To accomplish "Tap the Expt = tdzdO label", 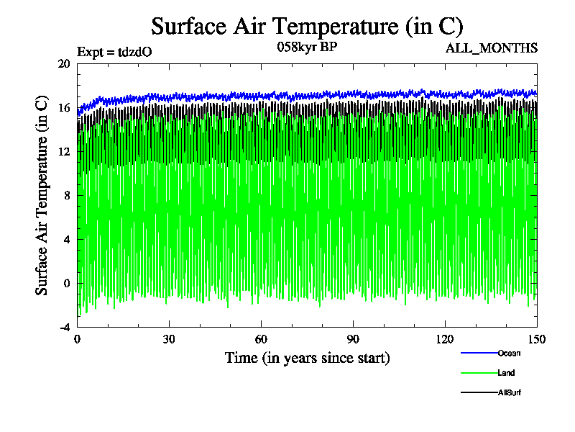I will [114, 51].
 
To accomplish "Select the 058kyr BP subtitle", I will [307, 47].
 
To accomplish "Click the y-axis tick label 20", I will [63, 63].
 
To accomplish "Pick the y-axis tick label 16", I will [63, 107].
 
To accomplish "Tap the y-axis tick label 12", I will [63, 151].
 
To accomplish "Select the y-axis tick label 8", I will [66, 195].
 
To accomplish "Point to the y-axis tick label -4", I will [63, 327].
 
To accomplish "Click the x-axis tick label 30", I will [169, 340].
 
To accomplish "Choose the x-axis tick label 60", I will [261, 340].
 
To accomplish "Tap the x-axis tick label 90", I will [353, 340].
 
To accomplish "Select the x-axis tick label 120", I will [445, 340].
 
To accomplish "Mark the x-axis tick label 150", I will [537, 340].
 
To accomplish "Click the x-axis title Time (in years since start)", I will [307, 358].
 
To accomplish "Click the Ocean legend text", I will [509, 353].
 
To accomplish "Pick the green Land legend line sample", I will [478, 373].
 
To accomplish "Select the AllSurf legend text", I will [510, 392].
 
